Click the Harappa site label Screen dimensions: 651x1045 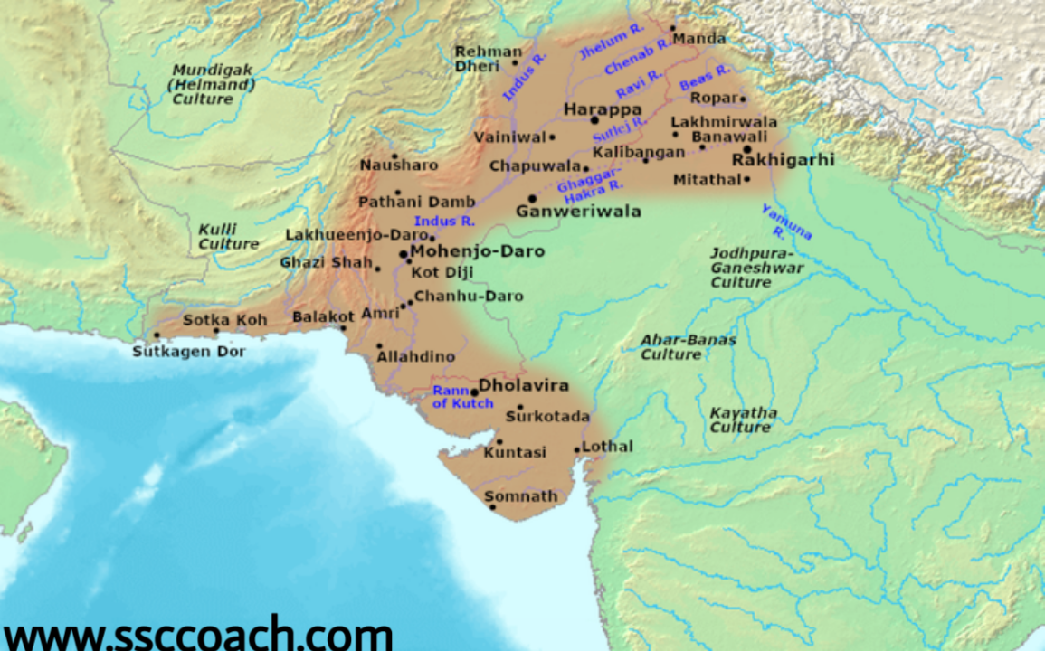[x=603, y=109]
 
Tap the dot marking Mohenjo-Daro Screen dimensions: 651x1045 [x=403, y=254]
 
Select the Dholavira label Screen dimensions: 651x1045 [x=524, y=386]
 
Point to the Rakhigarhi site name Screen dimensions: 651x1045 [x=783, y=160]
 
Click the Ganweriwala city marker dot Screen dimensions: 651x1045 [x=532, y=198]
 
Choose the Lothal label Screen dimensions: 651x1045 [x=608, y=447]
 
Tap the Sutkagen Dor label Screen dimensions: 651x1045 [x=189, y=352]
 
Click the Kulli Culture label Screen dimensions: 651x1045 [x=228, y=237]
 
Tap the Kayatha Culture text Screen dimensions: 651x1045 [x=743, y=420]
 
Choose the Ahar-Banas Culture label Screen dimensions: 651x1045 [x=688, y=347]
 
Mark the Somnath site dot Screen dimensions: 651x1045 [x=493, y=507]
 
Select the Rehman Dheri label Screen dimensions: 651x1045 [x=488, y=59]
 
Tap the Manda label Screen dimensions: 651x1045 [x=699, y=39]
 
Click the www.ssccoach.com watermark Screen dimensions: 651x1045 [x=196, y=633]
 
